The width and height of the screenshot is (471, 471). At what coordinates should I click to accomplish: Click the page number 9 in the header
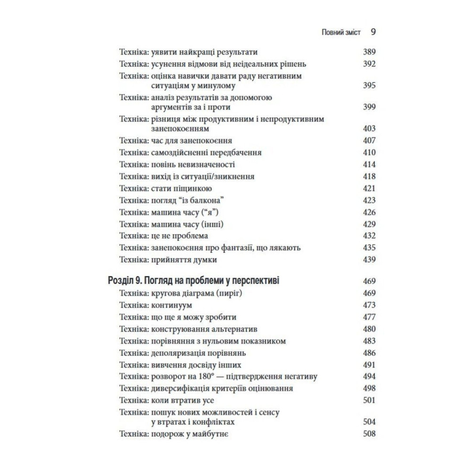(x=373, y=32)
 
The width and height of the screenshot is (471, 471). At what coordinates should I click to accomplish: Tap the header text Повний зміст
(x=341, y=32)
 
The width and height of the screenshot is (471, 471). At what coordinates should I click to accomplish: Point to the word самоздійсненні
(x=183, y=153)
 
